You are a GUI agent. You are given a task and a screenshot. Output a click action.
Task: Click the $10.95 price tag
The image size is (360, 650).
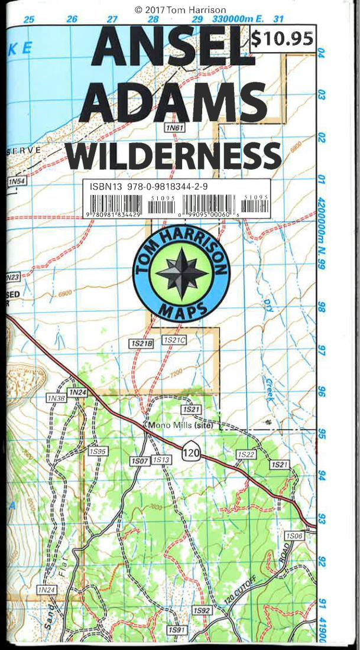pos(282,38)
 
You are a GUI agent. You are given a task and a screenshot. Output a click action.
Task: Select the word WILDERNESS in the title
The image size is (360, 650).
pos(173,155)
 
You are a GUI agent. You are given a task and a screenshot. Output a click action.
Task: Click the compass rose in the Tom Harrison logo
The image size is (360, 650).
pos(180,273)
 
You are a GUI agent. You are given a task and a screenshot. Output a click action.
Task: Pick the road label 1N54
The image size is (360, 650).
pos(16,182)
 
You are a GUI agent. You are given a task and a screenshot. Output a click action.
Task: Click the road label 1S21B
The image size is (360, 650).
pos(141,343)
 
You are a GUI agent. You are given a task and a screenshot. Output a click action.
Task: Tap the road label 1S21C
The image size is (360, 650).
pos(174,340)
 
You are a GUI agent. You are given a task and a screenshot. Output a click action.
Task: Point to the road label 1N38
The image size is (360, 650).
pos(56,398)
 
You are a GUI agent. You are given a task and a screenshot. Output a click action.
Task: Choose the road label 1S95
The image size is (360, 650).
pos(98,451)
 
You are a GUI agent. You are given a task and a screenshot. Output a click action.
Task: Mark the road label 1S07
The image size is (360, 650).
pos(140,460)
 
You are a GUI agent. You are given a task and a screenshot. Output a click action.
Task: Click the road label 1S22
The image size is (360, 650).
pos(245,454)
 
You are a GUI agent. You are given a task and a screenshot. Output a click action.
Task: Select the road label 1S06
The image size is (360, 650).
pos(294,535)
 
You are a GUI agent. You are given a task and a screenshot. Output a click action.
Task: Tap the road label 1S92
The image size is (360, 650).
pos(202,610)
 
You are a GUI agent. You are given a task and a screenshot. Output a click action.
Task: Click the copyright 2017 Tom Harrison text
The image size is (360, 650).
pos(180,9)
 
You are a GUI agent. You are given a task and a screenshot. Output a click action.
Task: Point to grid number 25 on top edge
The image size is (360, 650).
pos(28,19)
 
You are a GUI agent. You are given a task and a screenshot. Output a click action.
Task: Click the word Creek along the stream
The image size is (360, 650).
pos(269,390)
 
